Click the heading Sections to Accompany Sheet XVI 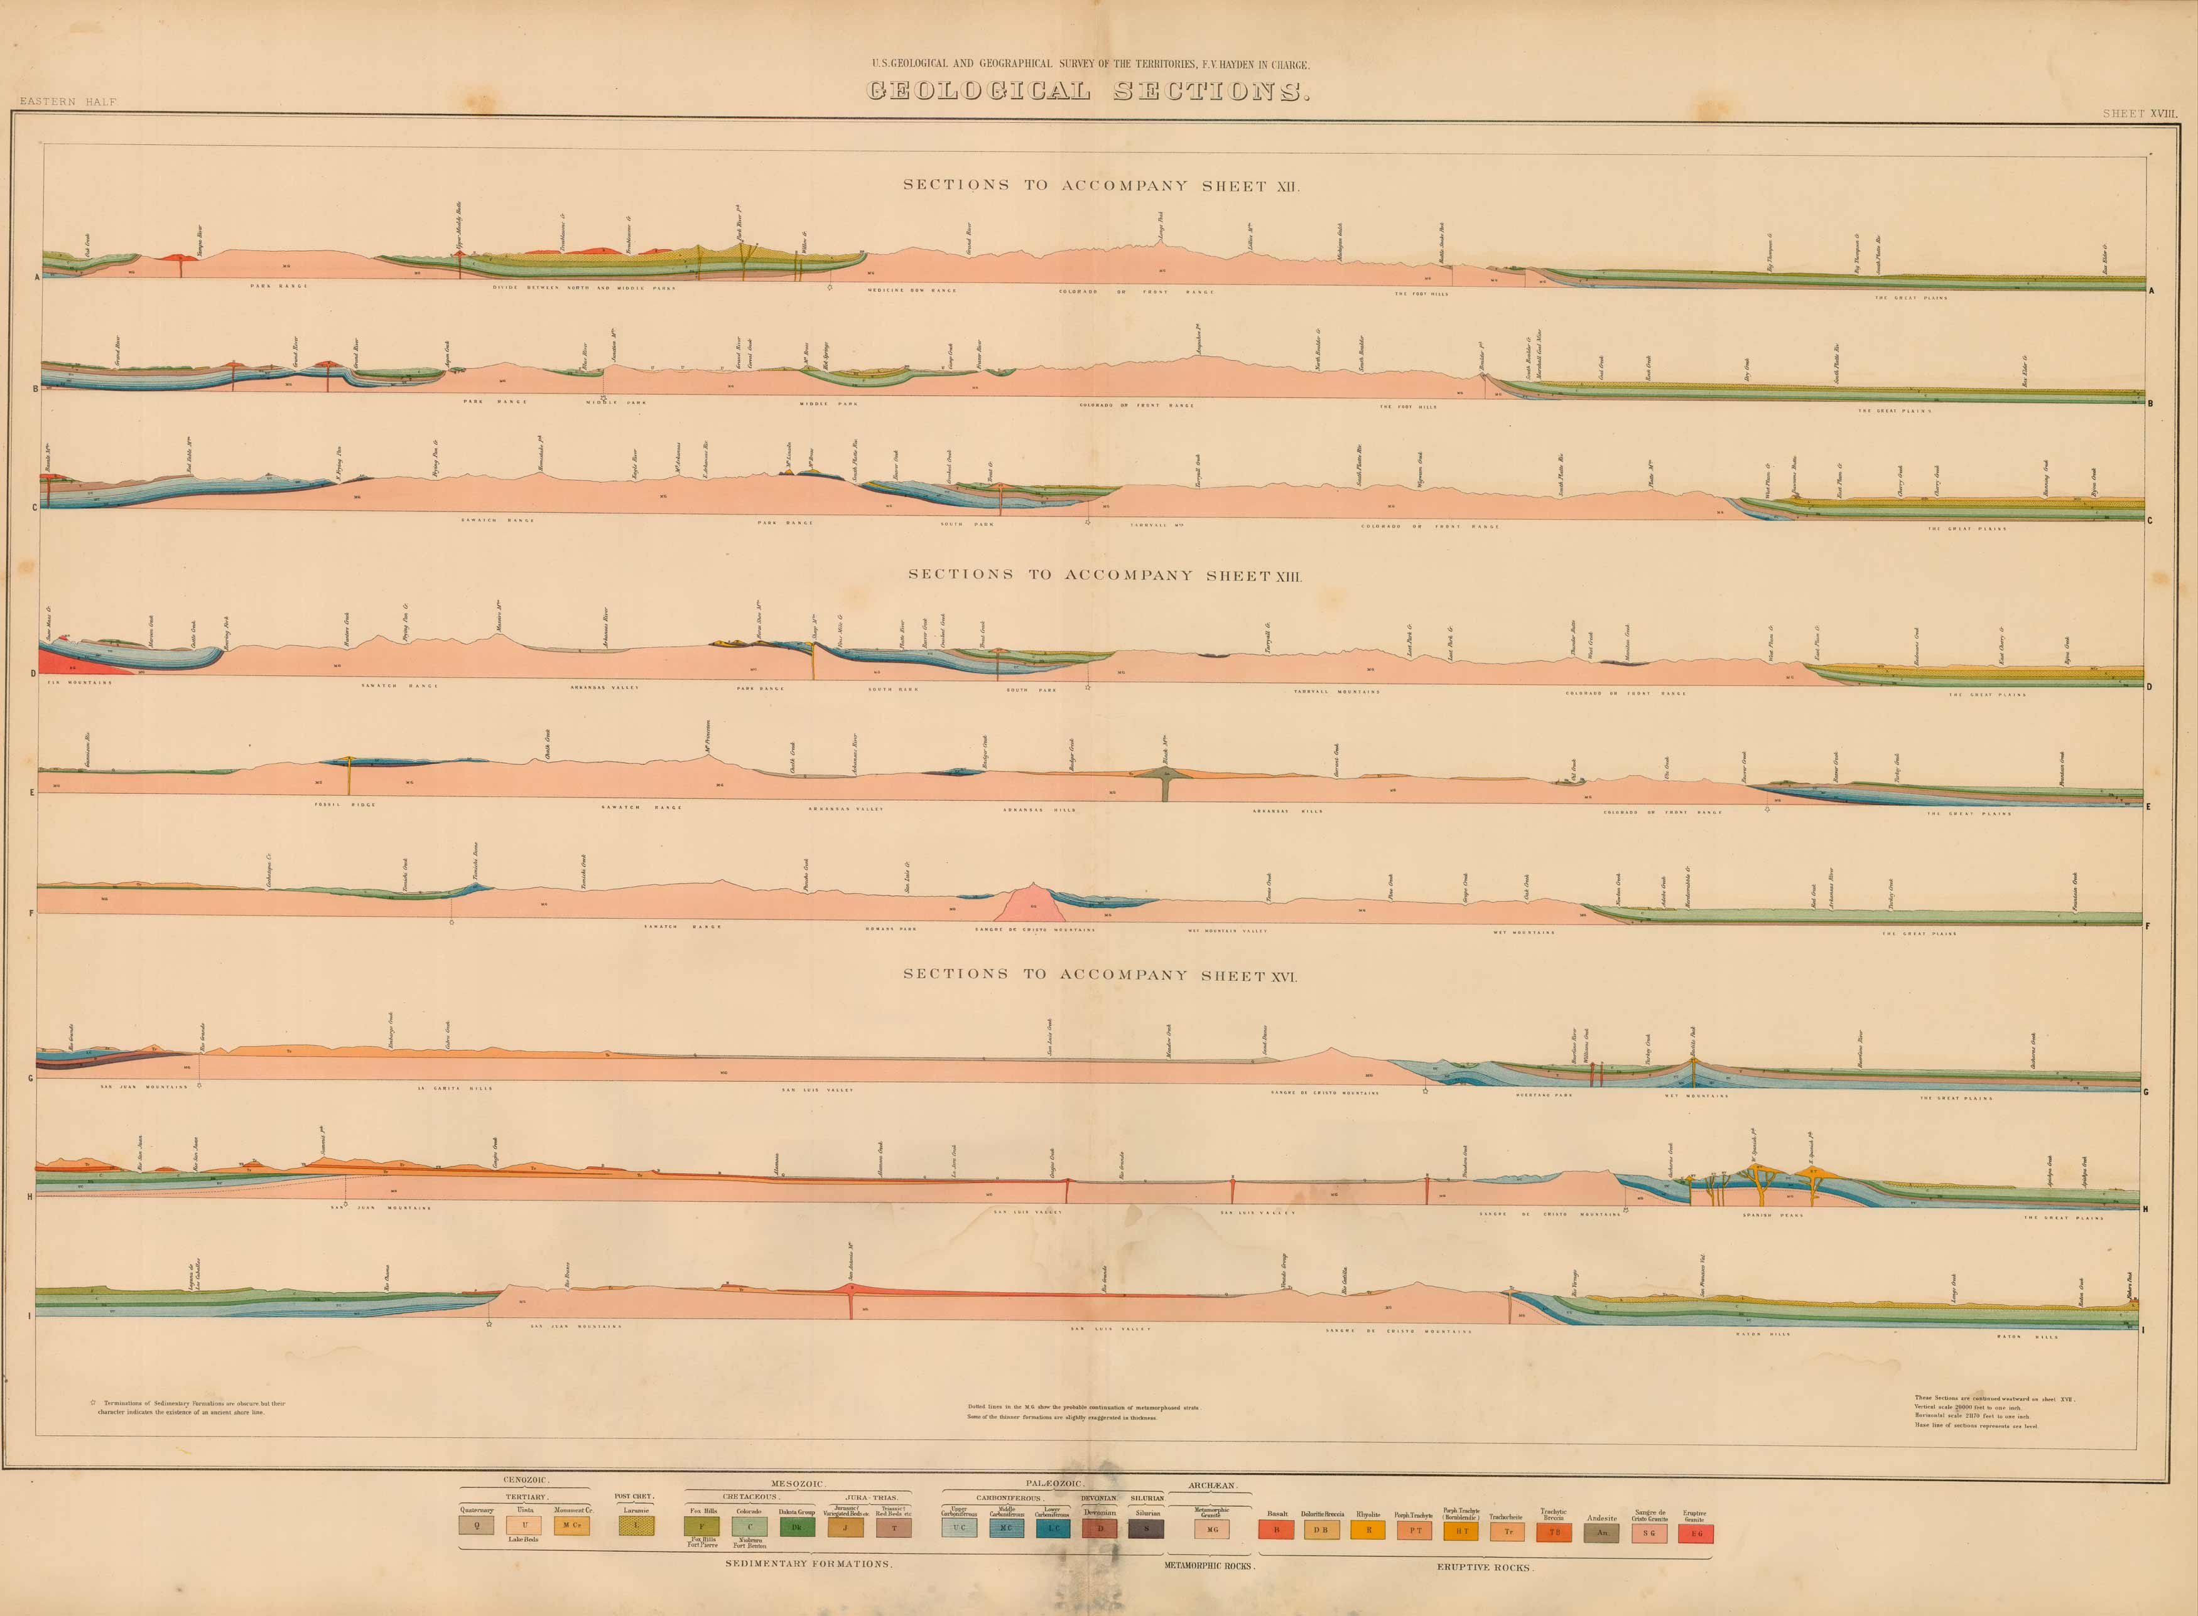tap(1100, 974)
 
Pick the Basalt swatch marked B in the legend tap(1276, 1531)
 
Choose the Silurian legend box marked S tap(1147, 1527)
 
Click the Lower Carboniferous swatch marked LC tap(1052, 1527)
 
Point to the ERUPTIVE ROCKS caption tap(1485, 1567)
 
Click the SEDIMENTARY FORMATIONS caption tap(808, 1563)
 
